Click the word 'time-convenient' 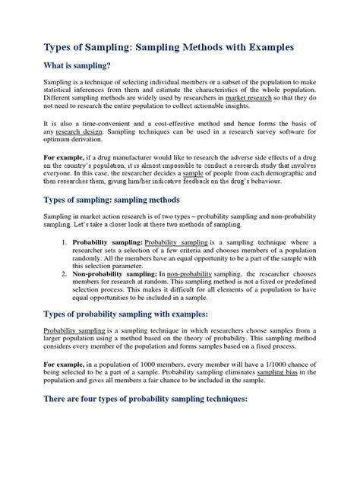point(113,143)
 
